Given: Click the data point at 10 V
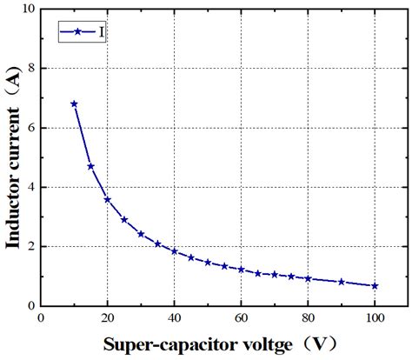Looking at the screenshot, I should [x=74, y=103].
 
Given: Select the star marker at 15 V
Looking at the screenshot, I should [x=90, y=166].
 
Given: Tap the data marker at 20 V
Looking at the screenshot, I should [x=108, y=199].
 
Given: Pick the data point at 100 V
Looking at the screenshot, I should [x=375, y=285].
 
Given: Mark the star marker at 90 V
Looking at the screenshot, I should [x=342, y=282].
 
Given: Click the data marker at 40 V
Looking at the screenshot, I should [x=175, y=251].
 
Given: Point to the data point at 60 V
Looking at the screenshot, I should [x=241, y=270].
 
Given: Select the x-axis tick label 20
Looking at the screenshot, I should [x=108, y=318].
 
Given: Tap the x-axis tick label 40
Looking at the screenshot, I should [x=175, y=318].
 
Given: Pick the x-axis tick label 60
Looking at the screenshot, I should [x=241, y=318].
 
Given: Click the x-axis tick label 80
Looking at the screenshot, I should [x=308, y=318].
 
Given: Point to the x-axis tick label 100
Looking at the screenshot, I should [x=375, y=318].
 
